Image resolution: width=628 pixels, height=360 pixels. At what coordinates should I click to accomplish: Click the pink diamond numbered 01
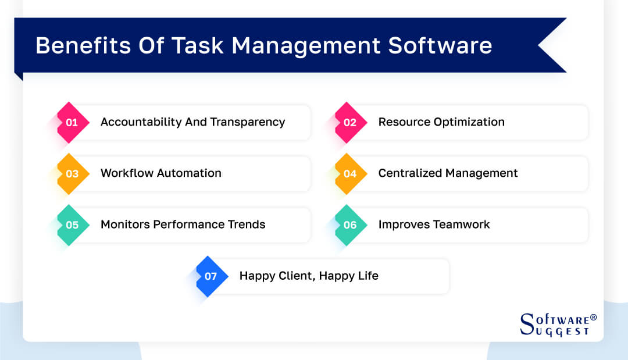pyautogui.click(x=72, y=122)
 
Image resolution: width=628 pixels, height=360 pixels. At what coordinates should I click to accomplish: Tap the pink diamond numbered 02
pyautogui.click(x=350, y=122)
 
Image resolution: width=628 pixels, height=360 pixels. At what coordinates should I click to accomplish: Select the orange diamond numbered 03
pyautogui.click(x=72, y=173)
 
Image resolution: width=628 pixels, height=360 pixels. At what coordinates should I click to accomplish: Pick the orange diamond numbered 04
pyautogui.click(x=350, y=173)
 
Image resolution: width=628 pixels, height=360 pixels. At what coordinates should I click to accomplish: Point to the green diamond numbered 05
pyautogui.click(x=72, y=224)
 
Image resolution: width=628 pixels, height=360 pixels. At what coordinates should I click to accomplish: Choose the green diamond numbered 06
pyautogui.click(x=350, y=224)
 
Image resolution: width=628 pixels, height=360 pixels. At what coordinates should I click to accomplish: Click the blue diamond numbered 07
pyautogui.click(x=211, y=276)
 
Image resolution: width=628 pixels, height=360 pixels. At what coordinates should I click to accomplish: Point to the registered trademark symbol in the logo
pyautogui.click(x=593, y=318)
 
